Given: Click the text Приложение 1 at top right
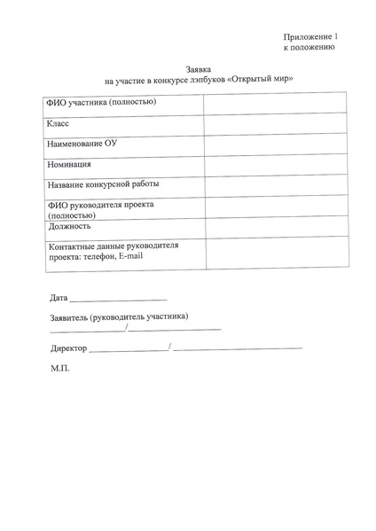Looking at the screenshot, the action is (x=310, y=36).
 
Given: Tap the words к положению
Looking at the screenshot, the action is (x=309, y=48).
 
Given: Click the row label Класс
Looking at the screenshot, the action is (x=58, y=124).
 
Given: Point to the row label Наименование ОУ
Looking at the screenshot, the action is (x=82, y=144).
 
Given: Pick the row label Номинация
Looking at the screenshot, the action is (x=70, y=164).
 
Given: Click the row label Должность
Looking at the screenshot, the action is (x=70, y=226).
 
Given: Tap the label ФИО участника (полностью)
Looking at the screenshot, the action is (x=102, y=103).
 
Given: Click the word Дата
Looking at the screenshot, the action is (x=59, y=297).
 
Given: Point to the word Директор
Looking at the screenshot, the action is (x=68, y=348).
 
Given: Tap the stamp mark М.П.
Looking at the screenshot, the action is (x=59, y=368).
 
